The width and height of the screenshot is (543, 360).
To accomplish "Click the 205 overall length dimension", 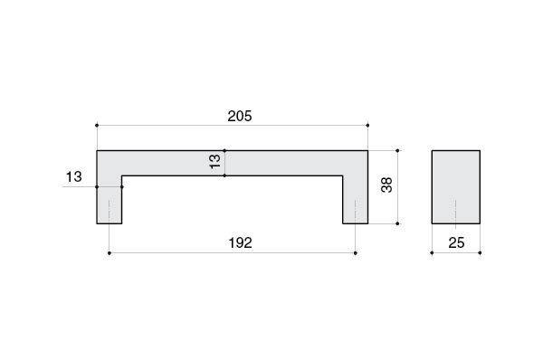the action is coord(240,117).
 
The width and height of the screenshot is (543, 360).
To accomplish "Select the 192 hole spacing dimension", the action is coord(241,243).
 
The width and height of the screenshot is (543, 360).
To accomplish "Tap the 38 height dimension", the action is coord(386,185).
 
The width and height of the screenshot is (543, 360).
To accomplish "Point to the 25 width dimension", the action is coord(456,243).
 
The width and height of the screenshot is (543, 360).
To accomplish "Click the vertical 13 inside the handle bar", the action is coord(215,161).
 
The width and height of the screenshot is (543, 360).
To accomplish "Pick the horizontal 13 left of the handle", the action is coord(74,177).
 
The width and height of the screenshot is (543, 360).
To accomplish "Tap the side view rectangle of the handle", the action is coord(456,187).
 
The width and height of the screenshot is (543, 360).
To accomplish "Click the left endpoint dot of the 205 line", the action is coord(97,126).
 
